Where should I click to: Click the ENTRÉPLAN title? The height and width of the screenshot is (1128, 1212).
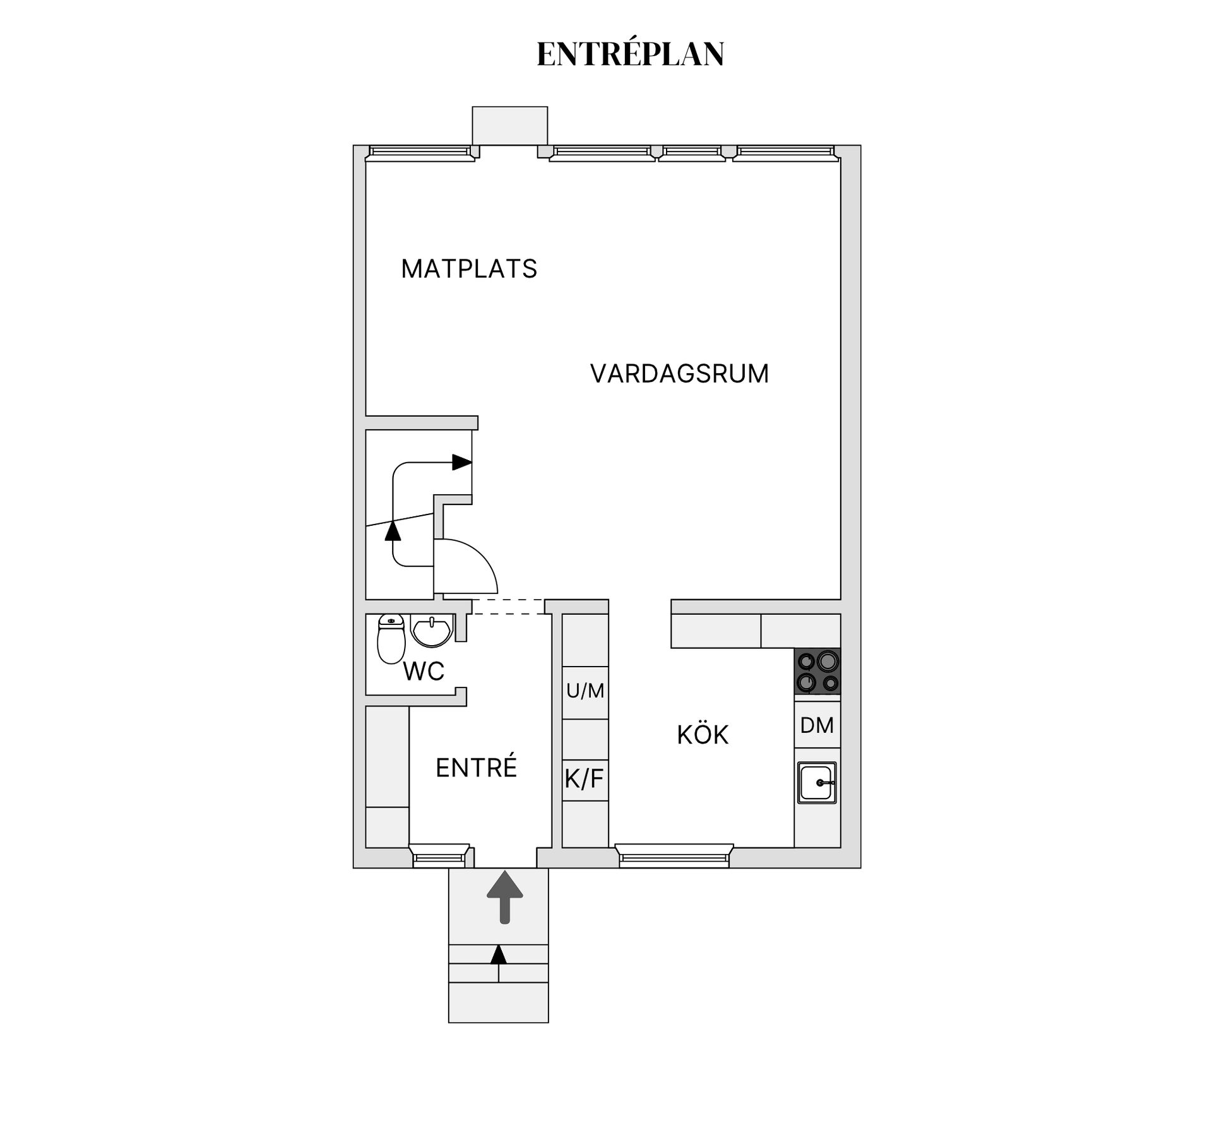[630, 54]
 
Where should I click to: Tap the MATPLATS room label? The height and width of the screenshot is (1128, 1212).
[468, 269]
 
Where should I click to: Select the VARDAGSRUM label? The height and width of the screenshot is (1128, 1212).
[679, 374]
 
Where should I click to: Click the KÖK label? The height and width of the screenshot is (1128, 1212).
[703, 735]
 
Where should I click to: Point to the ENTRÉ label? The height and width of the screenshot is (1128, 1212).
[476, 768]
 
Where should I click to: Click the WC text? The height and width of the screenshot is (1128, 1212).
[424, 672]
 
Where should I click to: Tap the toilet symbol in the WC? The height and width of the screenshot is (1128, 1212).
[391, 639]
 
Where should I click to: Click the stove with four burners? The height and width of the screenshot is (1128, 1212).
[817, 672]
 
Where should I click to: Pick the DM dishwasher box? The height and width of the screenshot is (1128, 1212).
[817, 725]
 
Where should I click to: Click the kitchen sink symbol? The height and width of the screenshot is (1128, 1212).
[817, 783]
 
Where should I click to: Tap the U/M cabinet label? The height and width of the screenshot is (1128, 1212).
[585, 691]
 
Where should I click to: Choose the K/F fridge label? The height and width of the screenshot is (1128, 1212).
[584, 779]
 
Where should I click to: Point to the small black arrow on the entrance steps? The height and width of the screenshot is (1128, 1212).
[499, 954]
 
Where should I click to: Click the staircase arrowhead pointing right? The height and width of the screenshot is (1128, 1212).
[462, 462]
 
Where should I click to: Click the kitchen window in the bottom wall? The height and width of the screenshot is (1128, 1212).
[674, 856]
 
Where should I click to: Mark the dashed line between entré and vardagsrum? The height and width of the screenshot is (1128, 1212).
[508, 607]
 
